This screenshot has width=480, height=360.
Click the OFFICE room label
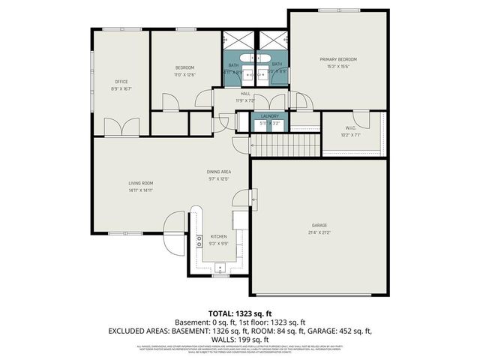pyautogui.click(x=122, y=82)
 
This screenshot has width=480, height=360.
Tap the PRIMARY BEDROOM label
pyautogui.click(x=337, y=59)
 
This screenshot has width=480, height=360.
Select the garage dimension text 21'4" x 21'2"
pyautogui.click(x=319, y=232)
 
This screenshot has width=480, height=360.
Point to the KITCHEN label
pyautogui.click(x=218, y=236)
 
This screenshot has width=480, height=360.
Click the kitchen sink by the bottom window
pyautogui.click(x=220, y=267)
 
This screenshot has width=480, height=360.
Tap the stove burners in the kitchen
pyautogui.click(x=199, y=241)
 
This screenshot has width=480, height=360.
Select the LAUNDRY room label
pyautogui.click(x=269, y=116)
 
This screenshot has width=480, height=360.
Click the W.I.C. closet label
pyautogui.click(x=351, y=128)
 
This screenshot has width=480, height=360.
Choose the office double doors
pyautogui.click(x=122, y=127)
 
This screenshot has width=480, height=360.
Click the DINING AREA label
pyautogui.click(x=218, y=172)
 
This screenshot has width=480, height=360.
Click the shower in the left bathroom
pyautogui.click(x=232, y=41)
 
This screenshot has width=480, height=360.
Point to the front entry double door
pyautogui.click(x=174, y=222)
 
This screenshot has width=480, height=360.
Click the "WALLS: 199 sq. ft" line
pyautogui.click(x=240, y=338)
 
